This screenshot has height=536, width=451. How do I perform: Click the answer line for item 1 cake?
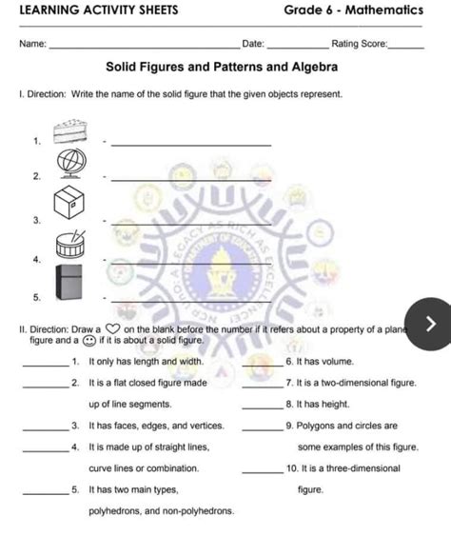(190, 144)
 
